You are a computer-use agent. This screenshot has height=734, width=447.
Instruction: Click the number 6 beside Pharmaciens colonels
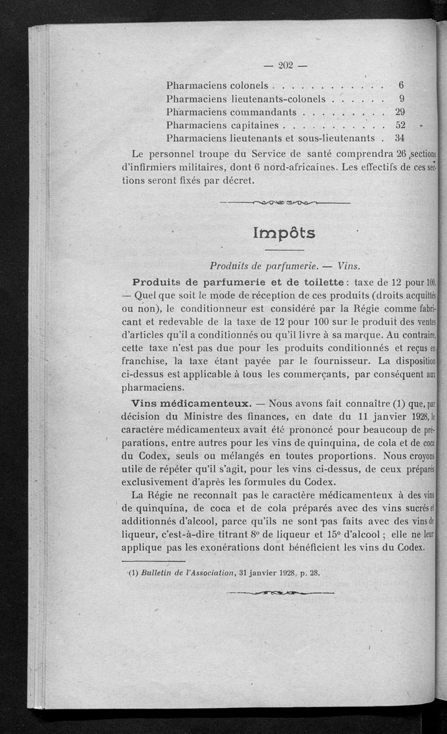coord(401,86)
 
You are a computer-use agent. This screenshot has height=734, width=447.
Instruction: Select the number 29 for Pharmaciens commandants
coord(400,111)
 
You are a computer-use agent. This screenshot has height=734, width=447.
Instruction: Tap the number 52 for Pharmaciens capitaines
coord(400,124)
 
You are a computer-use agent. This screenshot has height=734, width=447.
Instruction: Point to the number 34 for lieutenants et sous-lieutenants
coord(400,137)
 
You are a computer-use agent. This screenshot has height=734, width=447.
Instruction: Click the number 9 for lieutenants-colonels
coord(401,99)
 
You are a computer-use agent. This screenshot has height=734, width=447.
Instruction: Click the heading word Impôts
coord(284,233)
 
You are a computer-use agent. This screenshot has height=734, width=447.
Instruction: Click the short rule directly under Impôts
coord(284,249)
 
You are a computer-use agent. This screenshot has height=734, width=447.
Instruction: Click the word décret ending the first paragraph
coord(237,181)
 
